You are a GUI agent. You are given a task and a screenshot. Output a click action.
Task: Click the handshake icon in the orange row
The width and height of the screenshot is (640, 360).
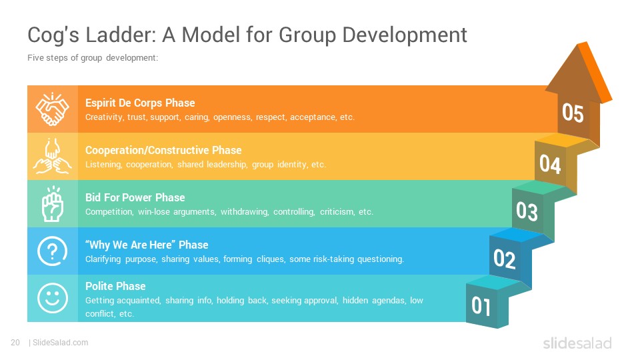52,109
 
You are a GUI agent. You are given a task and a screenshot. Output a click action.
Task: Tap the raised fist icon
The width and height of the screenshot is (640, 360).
53,204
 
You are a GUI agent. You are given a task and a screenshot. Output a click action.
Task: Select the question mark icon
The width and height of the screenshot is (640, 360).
52,251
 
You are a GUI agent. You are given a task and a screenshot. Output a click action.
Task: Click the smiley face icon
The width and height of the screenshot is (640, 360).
52,298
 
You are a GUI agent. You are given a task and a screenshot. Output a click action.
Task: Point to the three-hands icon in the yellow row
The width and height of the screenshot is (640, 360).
52,156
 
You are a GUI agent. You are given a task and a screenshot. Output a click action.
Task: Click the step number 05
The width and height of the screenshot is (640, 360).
573,113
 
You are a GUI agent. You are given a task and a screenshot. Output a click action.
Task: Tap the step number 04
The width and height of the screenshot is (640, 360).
550,164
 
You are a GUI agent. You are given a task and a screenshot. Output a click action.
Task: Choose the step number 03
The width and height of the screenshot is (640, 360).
527,211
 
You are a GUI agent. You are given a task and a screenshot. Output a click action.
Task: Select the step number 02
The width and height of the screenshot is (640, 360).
505,259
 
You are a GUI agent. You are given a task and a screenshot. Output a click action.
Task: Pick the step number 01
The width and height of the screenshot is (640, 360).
481,306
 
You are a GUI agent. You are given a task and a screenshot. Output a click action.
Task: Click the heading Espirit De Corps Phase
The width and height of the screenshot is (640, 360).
140,103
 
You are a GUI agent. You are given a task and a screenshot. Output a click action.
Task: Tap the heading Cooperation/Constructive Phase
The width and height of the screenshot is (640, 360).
163,150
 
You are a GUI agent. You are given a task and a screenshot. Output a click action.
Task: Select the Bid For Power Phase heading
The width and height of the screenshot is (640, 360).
135,197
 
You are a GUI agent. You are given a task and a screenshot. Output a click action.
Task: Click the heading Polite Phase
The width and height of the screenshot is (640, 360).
115,286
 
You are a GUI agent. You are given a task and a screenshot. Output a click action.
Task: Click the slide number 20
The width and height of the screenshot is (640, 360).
15,343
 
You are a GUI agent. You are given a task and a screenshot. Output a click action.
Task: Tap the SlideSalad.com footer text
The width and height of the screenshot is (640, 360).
61,343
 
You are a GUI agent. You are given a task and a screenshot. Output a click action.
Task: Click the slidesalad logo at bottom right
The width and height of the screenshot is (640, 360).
577,343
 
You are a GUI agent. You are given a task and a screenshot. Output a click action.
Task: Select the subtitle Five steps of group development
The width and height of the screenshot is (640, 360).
93,58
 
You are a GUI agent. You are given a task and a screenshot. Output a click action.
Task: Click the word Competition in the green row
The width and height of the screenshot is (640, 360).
109,212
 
